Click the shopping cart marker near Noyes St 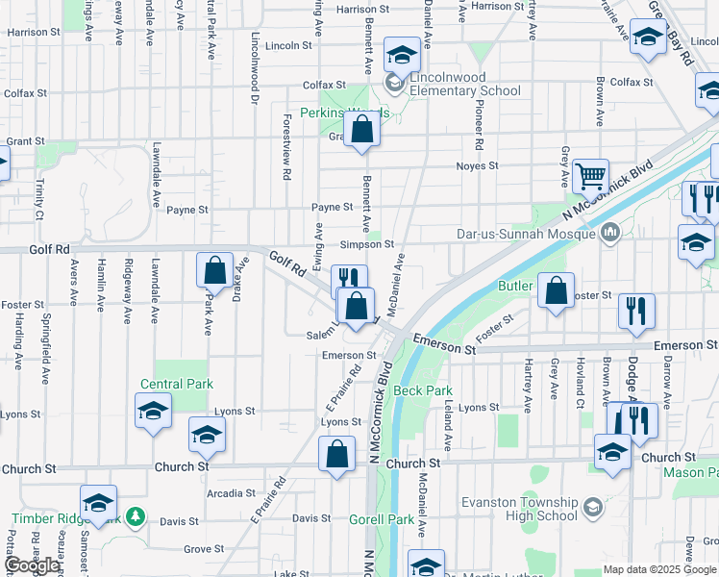[x=590, y=176]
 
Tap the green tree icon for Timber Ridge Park [x=136, y=516]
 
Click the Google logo [x=31, y=565]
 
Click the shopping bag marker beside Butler [x=556, y=290]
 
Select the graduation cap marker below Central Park [x=154, y=411]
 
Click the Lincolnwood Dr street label [x=256, y=70]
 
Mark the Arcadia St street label [x=232, y=493]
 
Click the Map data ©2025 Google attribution [x=658, y=569]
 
